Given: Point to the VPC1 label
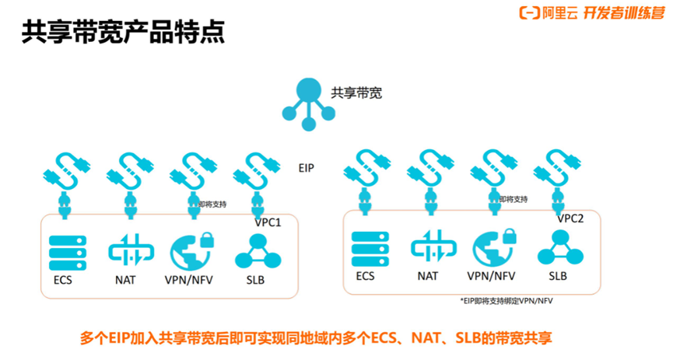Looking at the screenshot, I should pos(268,222).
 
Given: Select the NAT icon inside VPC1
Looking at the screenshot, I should pos(125,252).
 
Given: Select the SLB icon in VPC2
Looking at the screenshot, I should pos(557,247).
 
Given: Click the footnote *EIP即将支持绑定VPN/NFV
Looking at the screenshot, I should pos(507,299).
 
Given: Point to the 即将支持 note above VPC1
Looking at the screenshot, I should pos(212,204).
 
